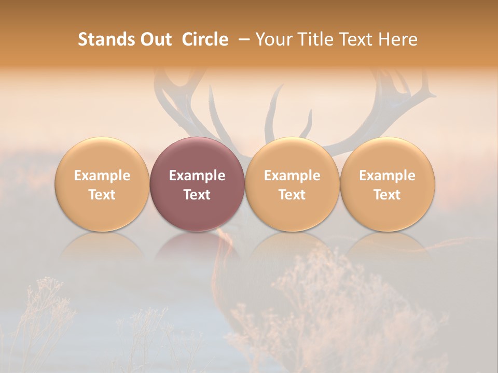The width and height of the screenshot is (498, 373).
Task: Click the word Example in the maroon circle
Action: [x=197, y=176]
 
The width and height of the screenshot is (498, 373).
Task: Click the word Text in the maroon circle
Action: [x=197, y=195]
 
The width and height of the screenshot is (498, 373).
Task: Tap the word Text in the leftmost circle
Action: [x=102, y=195]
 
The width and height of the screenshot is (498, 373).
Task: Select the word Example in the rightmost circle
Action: [x=388, y=176]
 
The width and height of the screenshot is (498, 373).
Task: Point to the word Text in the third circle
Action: [x=292, y=195]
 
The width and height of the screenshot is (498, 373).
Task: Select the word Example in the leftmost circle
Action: [x=102, y=176]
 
